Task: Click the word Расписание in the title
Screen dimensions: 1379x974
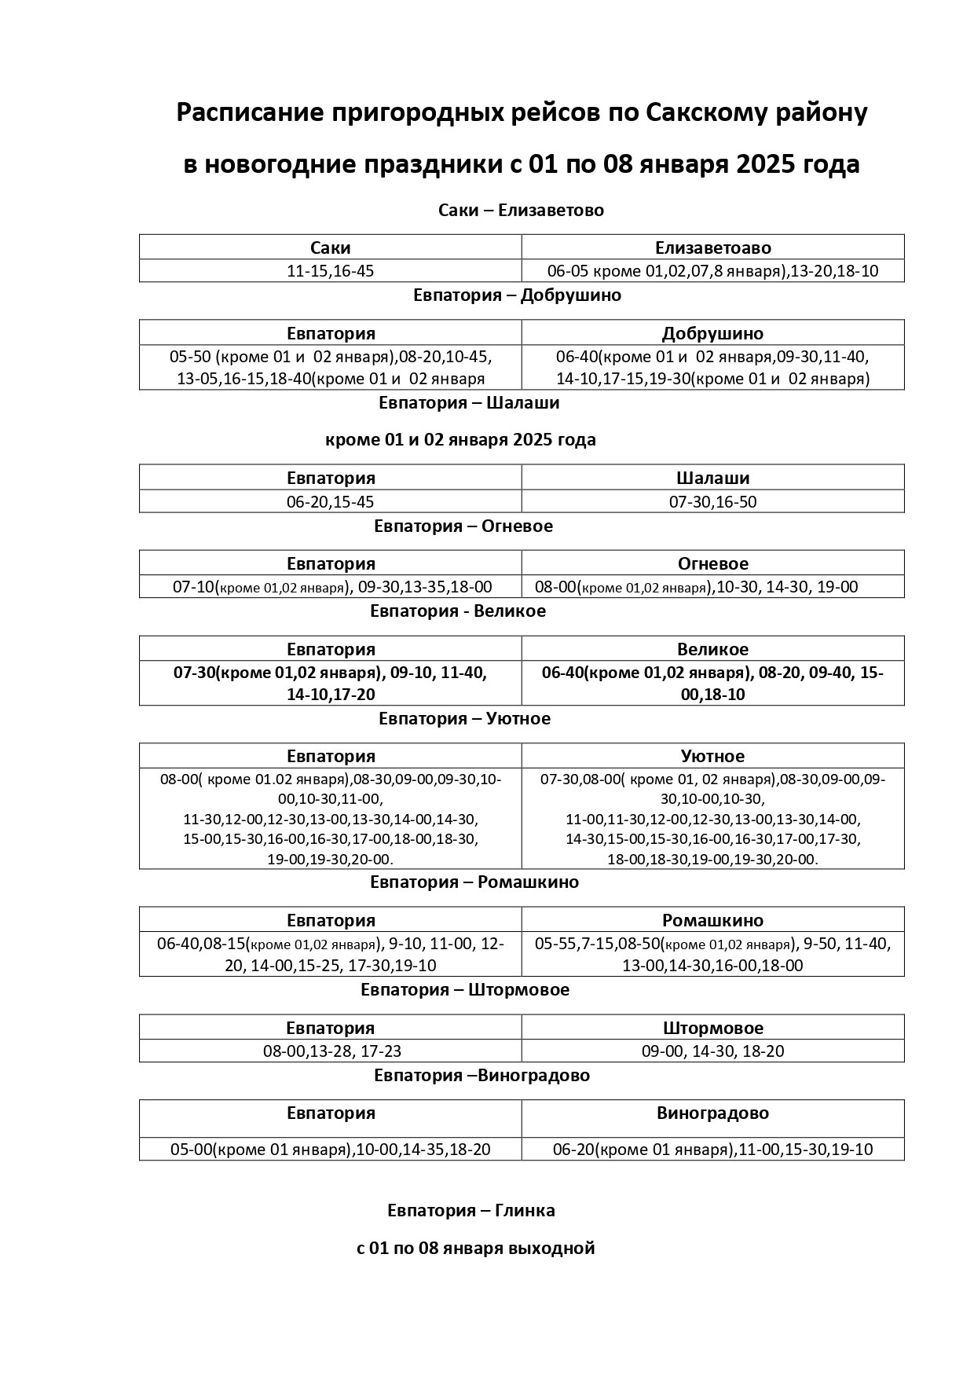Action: coord(251,112)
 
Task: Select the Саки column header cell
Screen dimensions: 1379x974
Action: coord(331,248)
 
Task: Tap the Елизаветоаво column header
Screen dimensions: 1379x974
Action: coord(712,248)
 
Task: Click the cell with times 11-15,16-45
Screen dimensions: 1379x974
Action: coord(331,271)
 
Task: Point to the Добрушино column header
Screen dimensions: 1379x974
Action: coord(712,333)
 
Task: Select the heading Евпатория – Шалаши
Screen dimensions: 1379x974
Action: coord(469,403)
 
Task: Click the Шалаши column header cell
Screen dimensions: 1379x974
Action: coord(712,478)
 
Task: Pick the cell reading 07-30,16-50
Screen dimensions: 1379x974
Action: coord(712,501)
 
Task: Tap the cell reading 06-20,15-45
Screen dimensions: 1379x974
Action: coord(331,501)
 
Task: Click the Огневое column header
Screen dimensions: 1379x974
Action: coord(712,563)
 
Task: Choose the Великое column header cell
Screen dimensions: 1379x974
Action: coord(712,649)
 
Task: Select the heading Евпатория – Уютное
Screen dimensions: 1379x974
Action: coord(464,718)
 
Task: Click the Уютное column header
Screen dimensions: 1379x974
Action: coord(712,756)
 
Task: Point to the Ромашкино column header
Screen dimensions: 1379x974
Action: coord(712,920)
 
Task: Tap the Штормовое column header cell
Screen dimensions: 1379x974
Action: coord(712,1028)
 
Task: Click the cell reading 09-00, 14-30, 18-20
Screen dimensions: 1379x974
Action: coord(712,1051)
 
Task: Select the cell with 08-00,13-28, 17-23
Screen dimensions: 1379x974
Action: coord(331,1051)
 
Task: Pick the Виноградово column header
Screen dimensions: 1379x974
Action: coord(712,1113)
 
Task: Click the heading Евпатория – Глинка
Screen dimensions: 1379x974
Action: coord(471,1211)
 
